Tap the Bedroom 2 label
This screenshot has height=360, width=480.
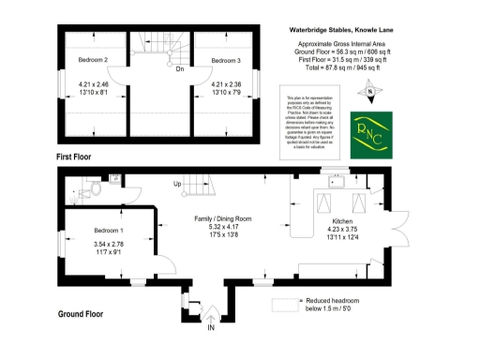94,61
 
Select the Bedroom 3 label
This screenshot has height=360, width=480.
226,61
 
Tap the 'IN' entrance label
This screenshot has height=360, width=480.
211,328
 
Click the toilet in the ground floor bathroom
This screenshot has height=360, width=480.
93,190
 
